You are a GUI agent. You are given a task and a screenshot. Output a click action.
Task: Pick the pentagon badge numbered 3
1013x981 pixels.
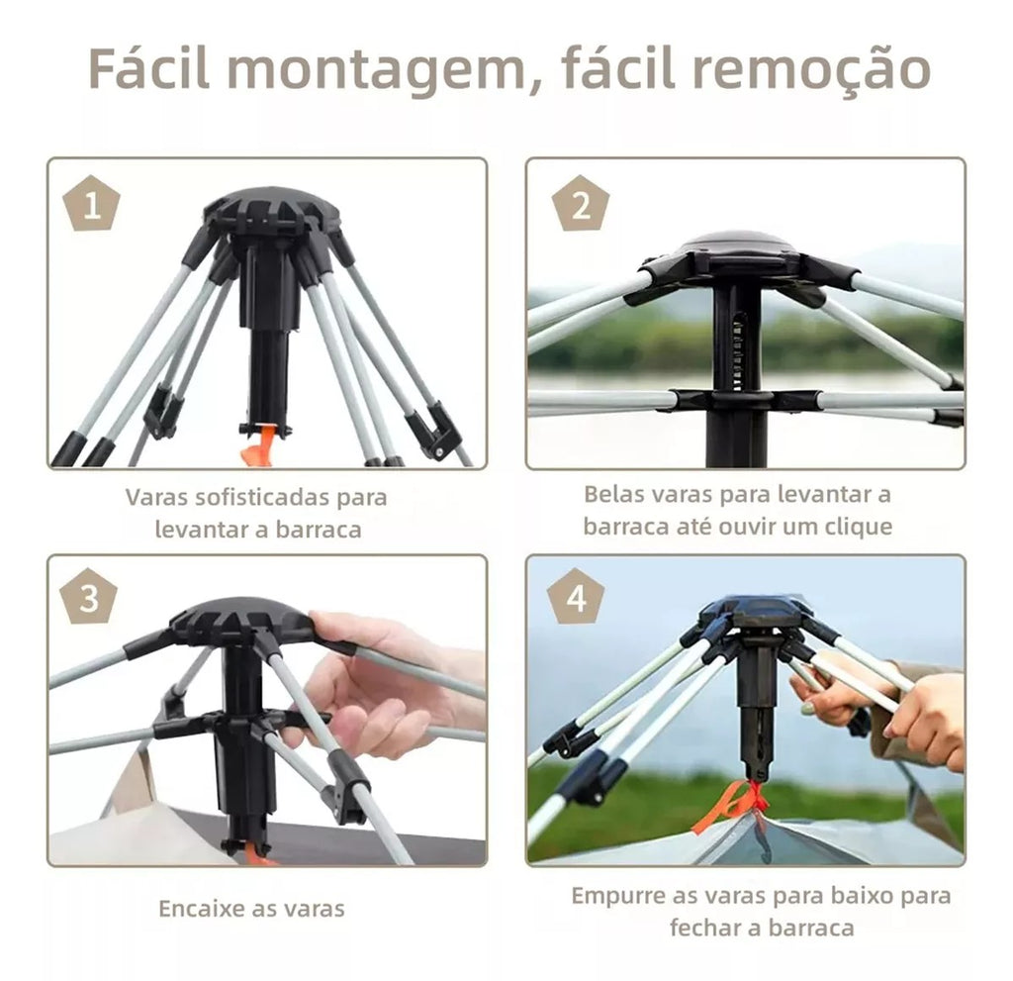(x=89, y=599)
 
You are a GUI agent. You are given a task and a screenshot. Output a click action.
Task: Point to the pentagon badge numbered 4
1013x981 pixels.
(x=576, y=599)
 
